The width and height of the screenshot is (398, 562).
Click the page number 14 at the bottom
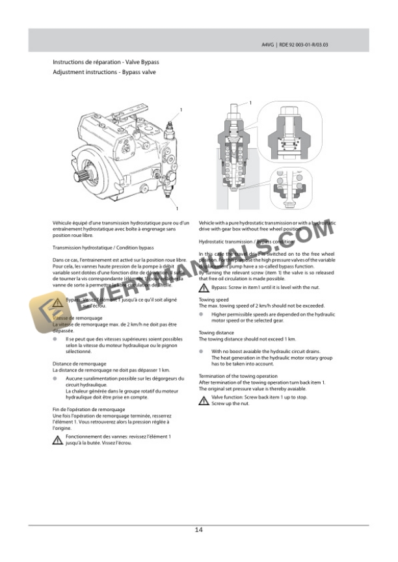(x=198, y=529)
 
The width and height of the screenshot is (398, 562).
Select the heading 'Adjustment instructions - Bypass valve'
(x=104, y=72)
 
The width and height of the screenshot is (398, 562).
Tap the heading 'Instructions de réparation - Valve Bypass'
(x=106, y=62)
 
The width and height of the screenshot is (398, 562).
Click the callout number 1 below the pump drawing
(x=176, y=208)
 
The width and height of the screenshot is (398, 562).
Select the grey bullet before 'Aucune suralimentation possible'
(x=55, y=378)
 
